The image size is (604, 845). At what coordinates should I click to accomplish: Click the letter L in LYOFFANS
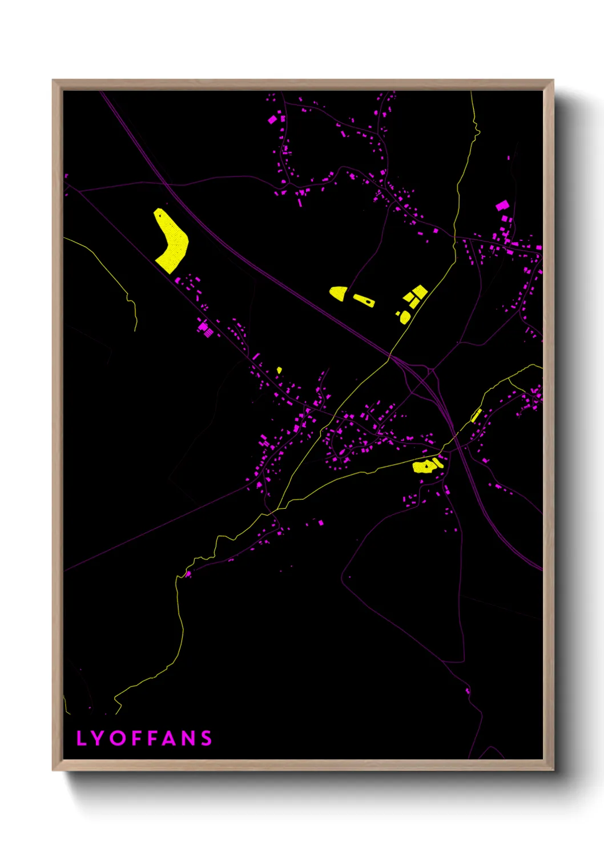coord(80,738)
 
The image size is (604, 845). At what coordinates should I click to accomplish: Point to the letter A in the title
coord(170,738)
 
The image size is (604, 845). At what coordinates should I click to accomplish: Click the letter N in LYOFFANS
coord(188,738)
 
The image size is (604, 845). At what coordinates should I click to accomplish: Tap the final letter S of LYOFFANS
coord(206,738)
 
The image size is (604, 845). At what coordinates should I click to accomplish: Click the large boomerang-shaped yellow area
coord(171,240)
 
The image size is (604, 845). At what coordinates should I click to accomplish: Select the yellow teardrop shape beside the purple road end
coord(337,293)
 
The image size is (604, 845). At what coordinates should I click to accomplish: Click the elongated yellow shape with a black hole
coord(364,300)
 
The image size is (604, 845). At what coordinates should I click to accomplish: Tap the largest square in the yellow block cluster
coord(420,292)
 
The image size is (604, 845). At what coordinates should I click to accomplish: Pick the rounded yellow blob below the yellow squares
coord(405,317)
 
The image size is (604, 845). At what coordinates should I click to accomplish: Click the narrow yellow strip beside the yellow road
coord(476,416)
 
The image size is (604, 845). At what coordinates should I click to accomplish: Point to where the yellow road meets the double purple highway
coord(390,357)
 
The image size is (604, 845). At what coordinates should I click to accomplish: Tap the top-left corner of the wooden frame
coord(53,81)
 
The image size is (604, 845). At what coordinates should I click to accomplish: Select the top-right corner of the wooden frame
coord(553,81)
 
